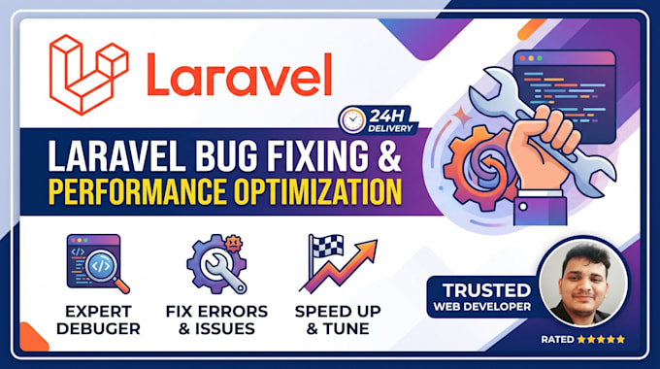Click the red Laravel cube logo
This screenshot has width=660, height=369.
[89, 75]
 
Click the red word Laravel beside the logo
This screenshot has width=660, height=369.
[239, 75]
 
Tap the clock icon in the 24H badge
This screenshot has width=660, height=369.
[352, 119]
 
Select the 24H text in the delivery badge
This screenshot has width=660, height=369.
[387, 116]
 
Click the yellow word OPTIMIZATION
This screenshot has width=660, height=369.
[318, 191]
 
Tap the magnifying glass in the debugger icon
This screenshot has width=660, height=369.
[105, 270]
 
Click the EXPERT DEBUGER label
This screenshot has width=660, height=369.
[98, 320]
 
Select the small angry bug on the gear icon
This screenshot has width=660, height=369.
[233, 243]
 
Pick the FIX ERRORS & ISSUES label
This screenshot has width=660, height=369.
[216, 320]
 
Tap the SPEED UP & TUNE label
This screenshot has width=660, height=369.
[338, 320]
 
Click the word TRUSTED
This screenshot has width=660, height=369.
[486, 290]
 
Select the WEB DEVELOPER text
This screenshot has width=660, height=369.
[482, 307]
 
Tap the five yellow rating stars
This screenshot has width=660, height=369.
[601, 339]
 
